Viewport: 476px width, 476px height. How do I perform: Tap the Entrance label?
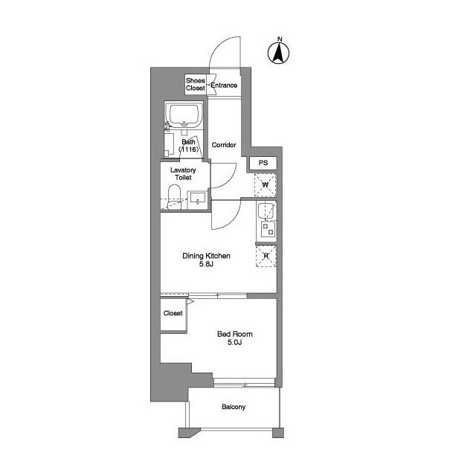pyautogui.click(x=224, y=86)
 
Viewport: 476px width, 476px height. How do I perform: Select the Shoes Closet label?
pyautogui.click(x=196, y=84)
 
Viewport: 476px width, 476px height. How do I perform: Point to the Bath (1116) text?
pyautogui.click(x=190, y=146)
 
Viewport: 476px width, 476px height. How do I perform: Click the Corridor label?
pyautogui.click(x=224, y=145)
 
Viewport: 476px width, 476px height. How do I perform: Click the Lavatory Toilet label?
pyautogui.click(x=183, y=174)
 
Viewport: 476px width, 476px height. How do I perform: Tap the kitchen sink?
pyautogui.click(x=266, y=212)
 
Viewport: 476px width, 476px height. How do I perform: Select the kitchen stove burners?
pyautogui.click(x=266, y=230)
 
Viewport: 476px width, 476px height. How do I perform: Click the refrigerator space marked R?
pyautogui.click(x=266, y=255)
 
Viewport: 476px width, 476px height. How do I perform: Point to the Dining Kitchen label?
pyautogui.click(x=206, y=256)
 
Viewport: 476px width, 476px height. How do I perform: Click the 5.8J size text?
pyautogui.click(x=206, y=266)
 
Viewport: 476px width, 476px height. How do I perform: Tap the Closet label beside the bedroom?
pyautogui.click(x=173, y=313)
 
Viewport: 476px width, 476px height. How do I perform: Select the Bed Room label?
pyautogui.click(x=232, y=335)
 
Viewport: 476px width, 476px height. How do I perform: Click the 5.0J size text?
pyautogui.click(x=232, y=344)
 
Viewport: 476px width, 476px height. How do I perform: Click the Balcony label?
pyautogui.click(x=233, y=407)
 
